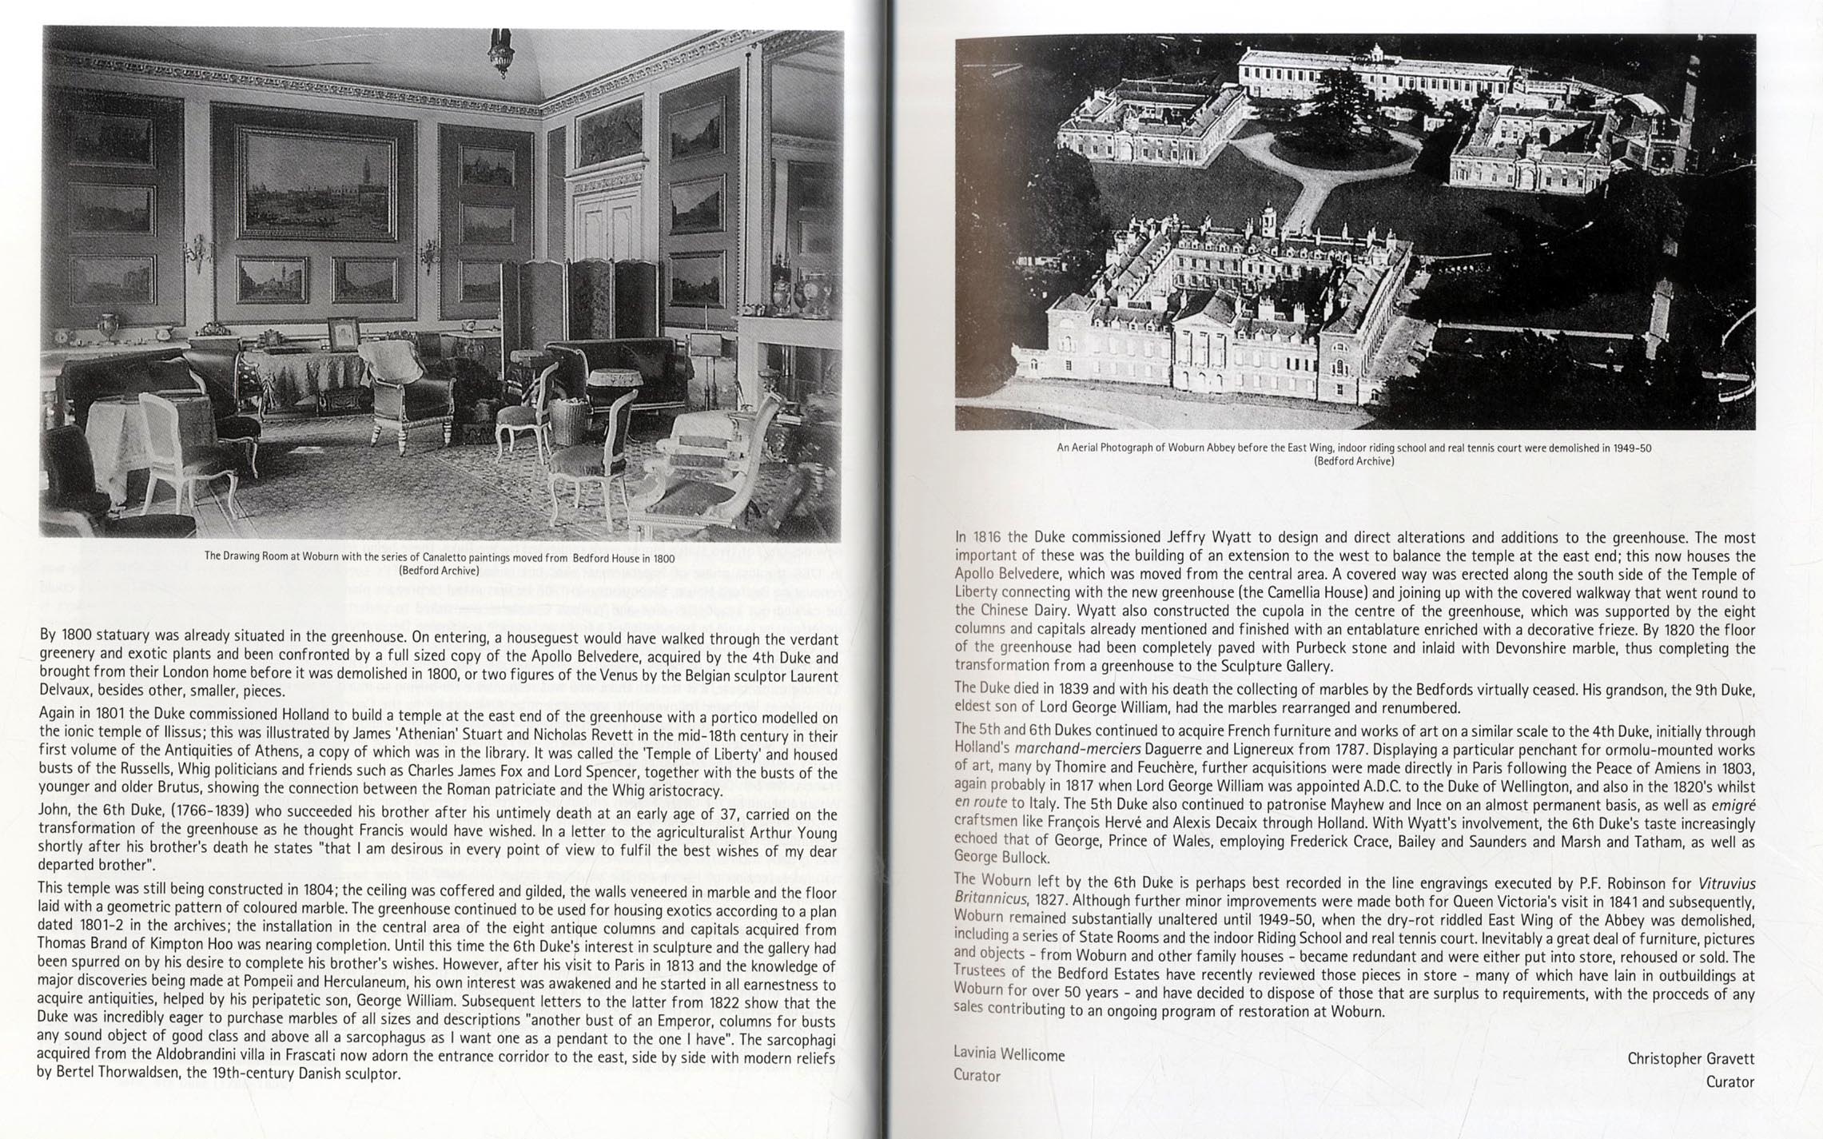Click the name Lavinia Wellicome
(1009, 1055)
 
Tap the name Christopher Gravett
(1691, 1058)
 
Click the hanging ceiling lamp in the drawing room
(501, 52)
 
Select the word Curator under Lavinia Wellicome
(977, 1076)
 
